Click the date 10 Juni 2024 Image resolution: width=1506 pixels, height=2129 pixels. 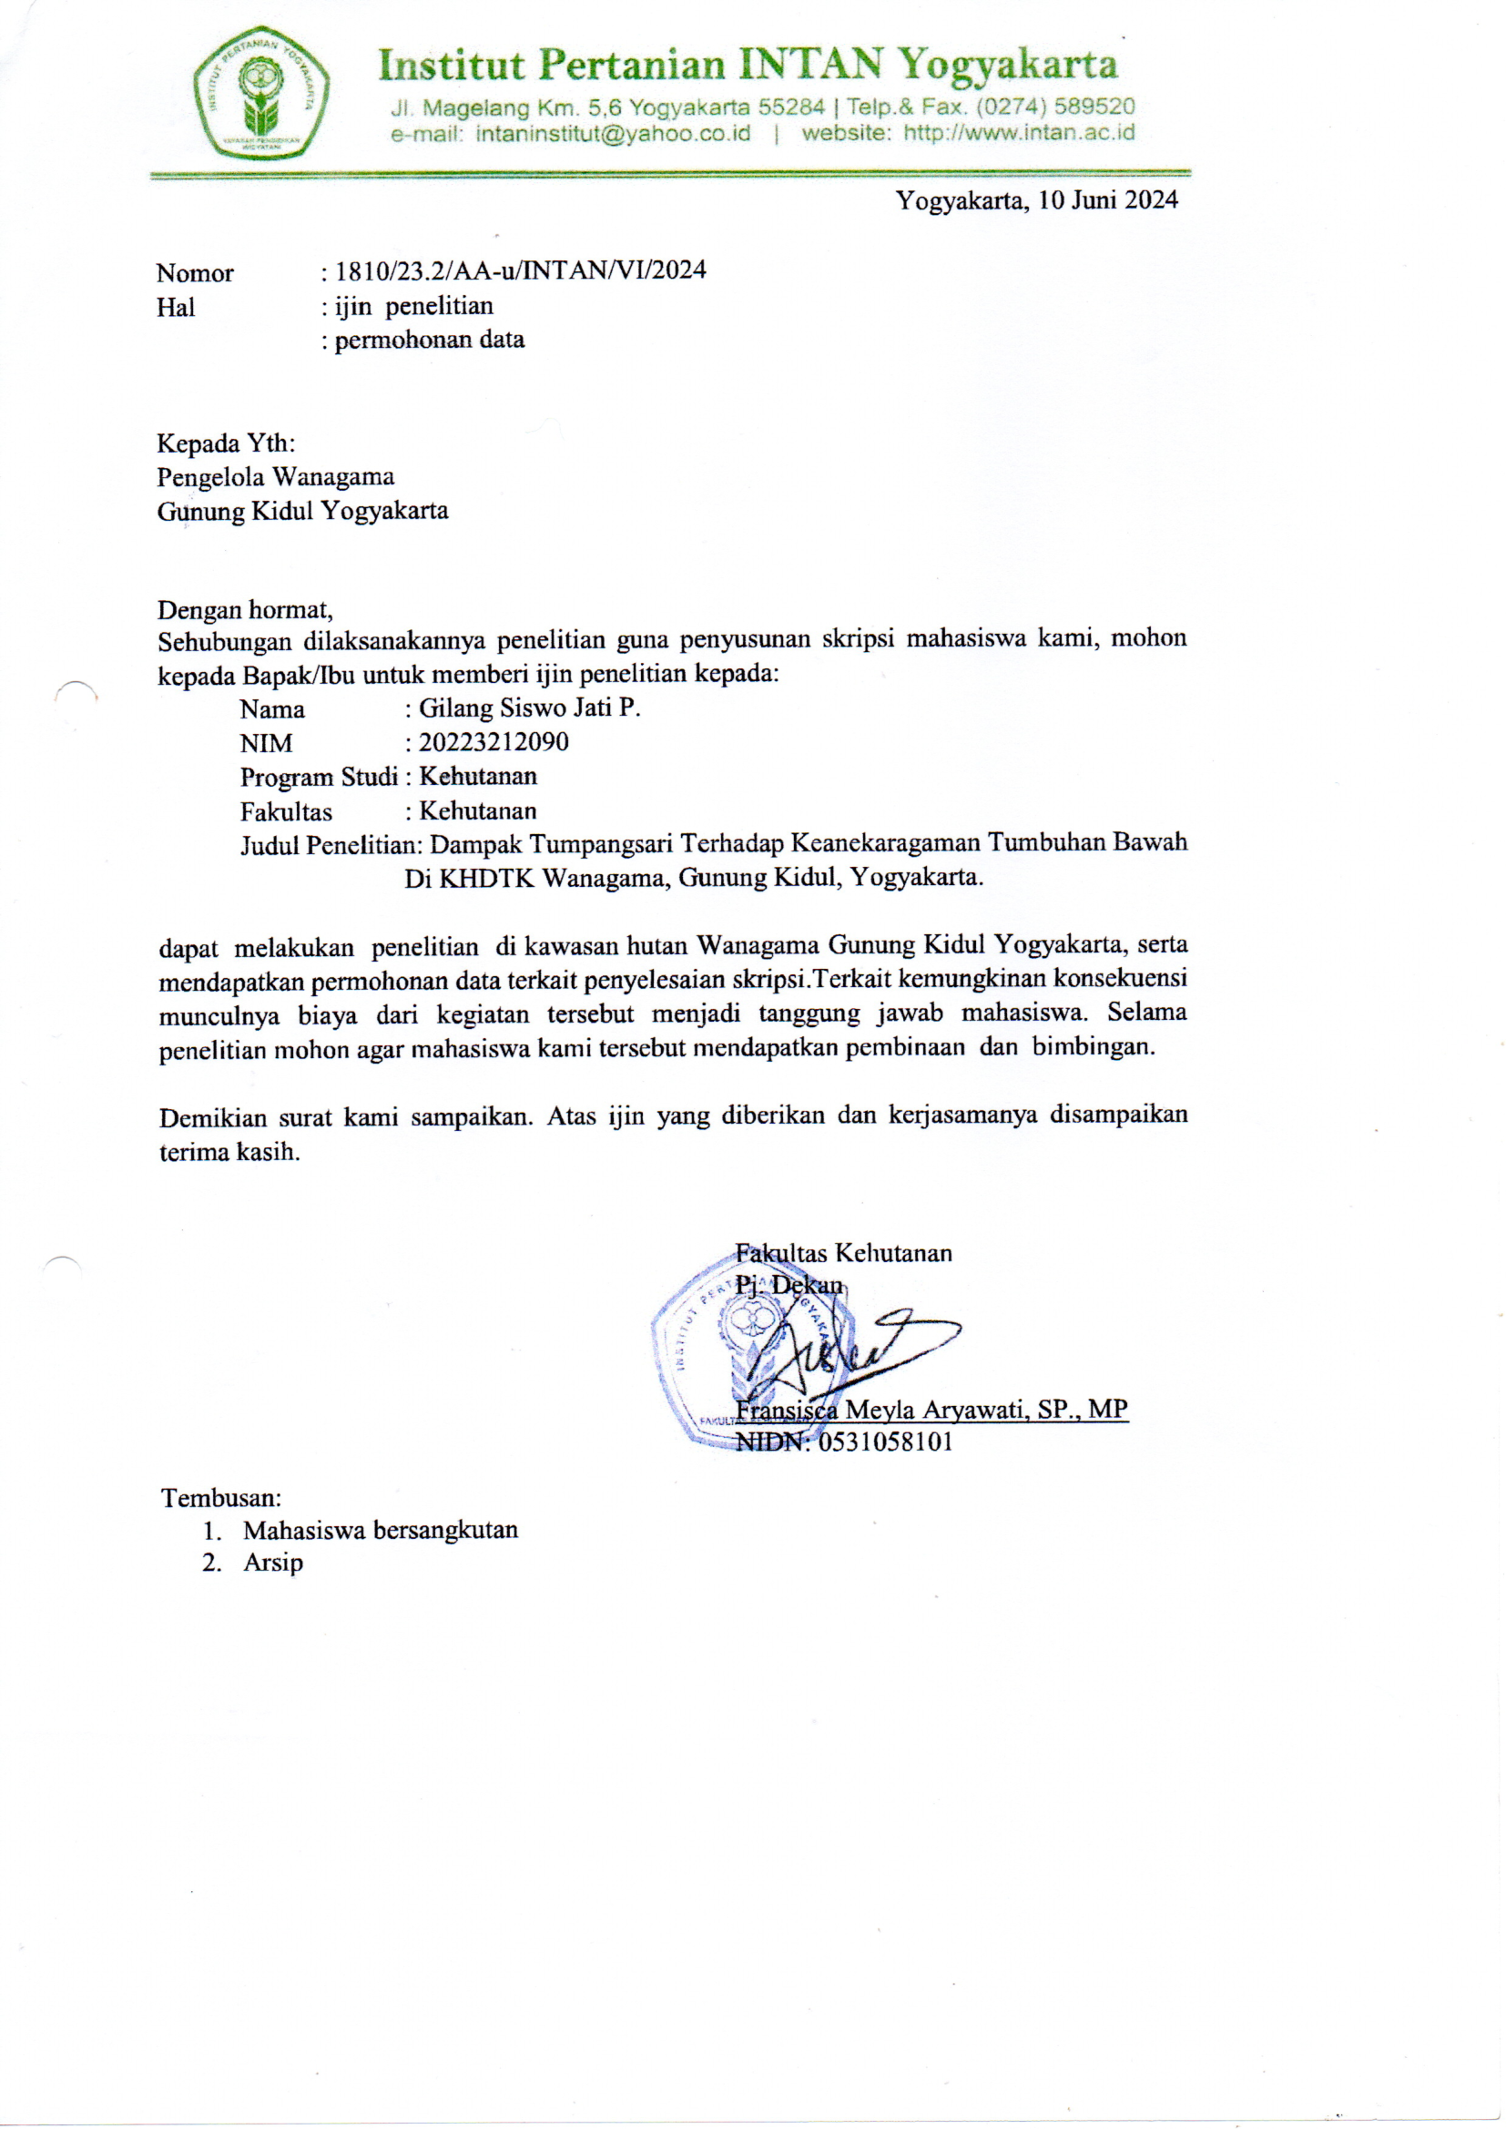coord(1107,200)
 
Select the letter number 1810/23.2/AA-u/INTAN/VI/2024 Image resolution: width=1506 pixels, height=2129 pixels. coord(520,270)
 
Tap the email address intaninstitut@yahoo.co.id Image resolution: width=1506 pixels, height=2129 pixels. coord(612,133)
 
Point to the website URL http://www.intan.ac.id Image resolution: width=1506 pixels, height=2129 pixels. coord(1018,133)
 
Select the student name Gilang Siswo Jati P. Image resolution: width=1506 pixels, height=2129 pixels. coord(530,708)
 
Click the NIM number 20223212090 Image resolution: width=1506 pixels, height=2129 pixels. coord(494,743)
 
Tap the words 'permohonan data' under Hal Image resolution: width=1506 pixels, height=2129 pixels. coord(430,341)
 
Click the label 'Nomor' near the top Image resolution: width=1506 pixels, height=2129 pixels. coord(195,273)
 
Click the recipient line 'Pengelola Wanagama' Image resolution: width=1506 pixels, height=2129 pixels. coord(275,476)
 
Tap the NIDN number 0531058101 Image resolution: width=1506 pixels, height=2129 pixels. coord(885,1442)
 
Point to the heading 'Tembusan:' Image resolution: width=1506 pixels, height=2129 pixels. coord(221,1498)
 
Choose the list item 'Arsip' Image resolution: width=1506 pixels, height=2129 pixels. coord(272,1563)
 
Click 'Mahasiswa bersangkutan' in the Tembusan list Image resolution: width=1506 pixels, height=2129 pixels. coord(381,1530)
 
